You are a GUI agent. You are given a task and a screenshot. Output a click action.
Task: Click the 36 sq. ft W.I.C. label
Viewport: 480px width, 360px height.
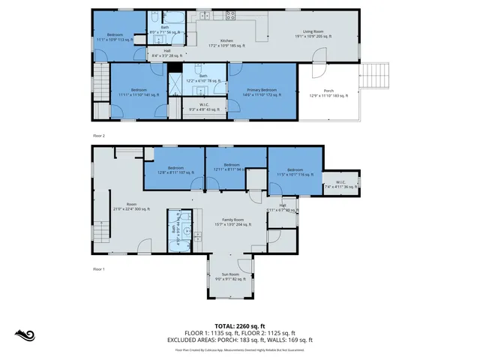pos(340,184)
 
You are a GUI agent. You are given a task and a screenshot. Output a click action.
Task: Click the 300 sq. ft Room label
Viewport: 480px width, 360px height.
pos(131,207)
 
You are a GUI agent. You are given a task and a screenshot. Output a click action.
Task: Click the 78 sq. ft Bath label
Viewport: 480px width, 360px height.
pos(203,78)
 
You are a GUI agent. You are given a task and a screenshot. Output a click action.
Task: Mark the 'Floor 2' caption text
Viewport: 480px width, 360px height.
pos(98,136)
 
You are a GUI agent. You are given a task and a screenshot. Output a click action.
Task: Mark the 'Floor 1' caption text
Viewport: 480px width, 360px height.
pos(98,268)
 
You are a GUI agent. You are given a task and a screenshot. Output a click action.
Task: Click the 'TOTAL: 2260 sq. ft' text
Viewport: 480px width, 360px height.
pos(239,326)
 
